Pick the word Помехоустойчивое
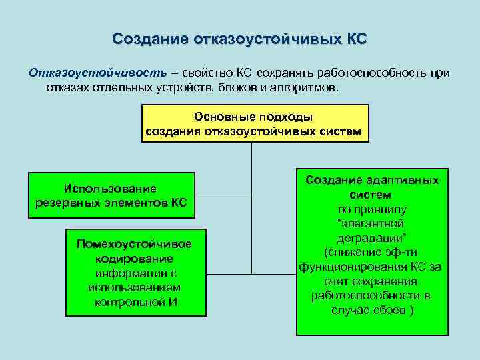tap(135, 244)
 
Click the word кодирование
tap(134, 259)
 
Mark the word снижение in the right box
tap(351, 252)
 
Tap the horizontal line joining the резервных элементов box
tap(224, 195)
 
